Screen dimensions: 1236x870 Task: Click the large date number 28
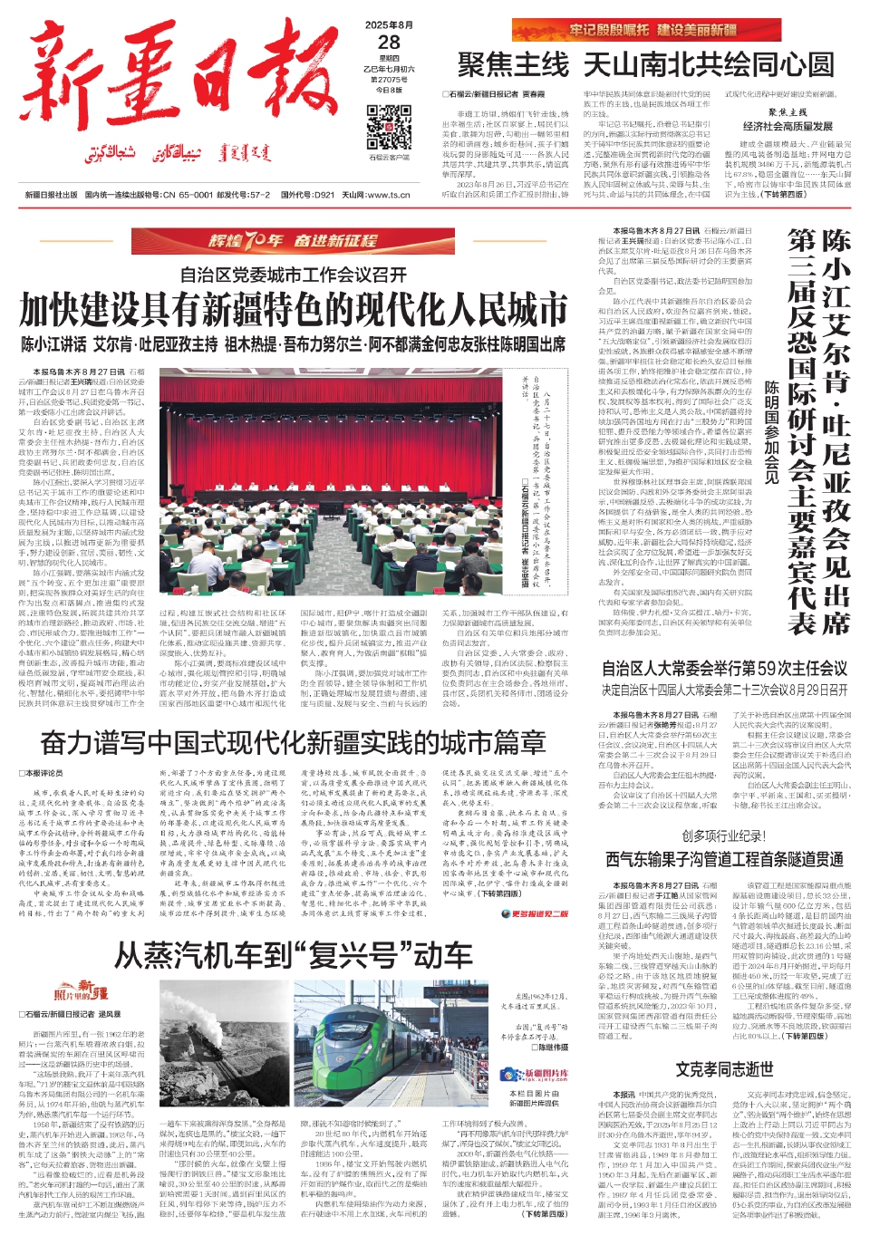tap(389, 43)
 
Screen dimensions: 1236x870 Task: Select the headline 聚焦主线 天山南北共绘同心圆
tap(645, 64)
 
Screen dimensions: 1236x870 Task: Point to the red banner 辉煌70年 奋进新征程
tap(293, 241)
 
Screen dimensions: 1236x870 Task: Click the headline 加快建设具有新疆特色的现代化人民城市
tap(294, 310)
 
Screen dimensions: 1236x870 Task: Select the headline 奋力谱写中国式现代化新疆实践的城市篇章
tap(293, 743)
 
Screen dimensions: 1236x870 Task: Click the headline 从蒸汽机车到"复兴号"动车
tap(293, 955)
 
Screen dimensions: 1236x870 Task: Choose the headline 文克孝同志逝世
tap(724, 1069)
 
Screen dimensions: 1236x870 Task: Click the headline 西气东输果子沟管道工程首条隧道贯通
tap(724, 859)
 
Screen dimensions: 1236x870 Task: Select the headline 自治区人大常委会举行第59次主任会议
tap(724, 669)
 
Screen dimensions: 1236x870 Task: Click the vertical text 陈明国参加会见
tap(771, 431)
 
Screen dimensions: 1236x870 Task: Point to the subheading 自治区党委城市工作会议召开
tap(293, 275)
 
